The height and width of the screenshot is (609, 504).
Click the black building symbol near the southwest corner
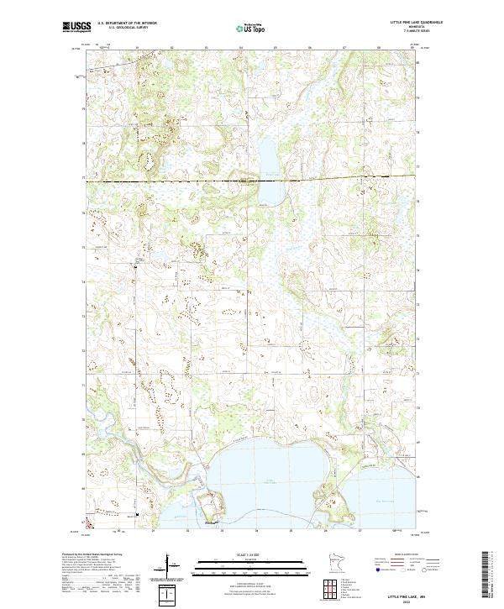[x=138, y=512]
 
